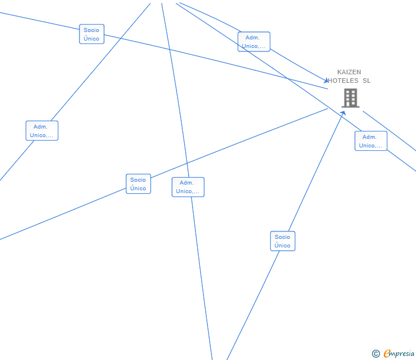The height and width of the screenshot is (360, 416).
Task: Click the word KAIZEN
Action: point(349,73)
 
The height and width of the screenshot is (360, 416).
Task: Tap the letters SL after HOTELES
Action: point(366,81)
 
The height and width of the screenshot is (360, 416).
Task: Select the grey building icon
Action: point(350,98)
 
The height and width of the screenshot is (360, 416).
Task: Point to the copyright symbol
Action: point(376,354)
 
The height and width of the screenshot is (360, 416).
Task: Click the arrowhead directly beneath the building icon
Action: point(343,113)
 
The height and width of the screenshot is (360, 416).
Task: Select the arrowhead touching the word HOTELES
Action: point(326,81)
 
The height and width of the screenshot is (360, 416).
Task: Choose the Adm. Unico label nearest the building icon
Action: point(371,141)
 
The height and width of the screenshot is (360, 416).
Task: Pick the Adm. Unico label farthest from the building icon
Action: point(42,131)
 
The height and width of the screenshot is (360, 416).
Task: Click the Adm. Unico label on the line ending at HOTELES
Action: point(254,42)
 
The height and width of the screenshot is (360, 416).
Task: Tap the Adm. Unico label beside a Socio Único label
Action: point(188,187)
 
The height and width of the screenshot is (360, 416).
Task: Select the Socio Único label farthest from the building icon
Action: point(91,34)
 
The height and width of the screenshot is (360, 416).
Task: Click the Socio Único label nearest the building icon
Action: point(282,241)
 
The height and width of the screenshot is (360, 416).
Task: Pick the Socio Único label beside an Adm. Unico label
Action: point(138,184)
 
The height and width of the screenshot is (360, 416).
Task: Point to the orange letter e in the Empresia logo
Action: point(387,354)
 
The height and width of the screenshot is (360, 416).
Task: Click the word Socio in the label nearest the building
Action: point(282,237)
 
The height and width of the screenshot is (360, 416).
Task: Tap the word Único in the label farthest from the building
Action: point(91,39)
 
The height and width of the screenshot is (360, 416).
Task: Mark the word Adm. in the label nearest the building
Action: point(370,137)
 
